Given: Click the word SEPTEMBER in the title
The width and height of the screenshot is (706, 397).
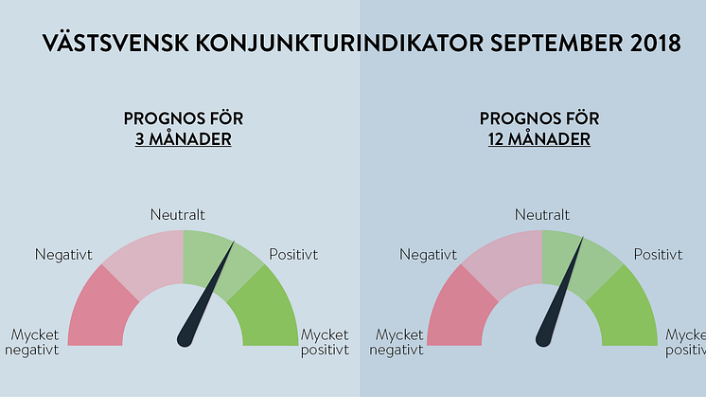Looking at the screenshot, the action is pos(556,44).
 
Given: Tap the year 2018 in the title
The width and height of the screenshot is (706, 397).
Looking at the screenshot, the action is pos(656,44).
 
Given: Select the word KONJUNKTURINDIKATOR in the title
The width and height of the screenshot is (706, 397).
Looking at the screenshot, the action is pos(339,44).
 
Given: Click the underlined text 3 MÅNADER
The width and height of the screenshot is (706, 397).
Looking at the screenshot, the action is pos(184,139).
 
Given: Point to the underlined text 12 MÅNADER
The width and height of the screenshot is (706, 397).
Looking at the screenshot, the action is pos(538,139).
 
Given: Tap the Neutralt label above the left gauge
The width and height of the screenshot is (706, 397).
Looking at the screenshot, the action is pos(177,214).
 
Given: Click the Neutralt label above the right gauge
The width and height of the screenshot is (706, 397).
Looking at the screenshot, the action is pos(542,214).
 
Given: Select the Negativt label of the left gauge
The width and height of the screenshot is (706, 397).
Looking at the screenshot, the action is pos(63,255).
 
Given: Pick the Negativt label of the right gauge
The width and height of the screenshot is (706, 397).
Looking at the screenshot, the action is pos(428,255).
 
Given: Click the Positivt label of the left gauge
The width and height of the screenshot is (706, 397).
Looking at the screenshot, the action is pos(293,255).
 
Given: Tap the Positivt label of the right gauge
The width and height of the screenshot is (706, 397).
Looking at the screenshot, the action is pos(659,255).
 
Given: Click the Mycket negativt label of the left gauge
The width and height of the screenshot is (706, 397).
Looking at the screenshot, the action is pos(32,342).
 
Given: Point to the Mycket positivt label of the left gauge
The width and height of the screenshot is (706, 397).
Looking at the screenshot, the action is pos(325,342).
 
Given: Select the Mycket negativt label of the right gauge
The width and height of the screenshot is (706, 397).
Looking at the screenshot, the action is pos(397,342).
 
